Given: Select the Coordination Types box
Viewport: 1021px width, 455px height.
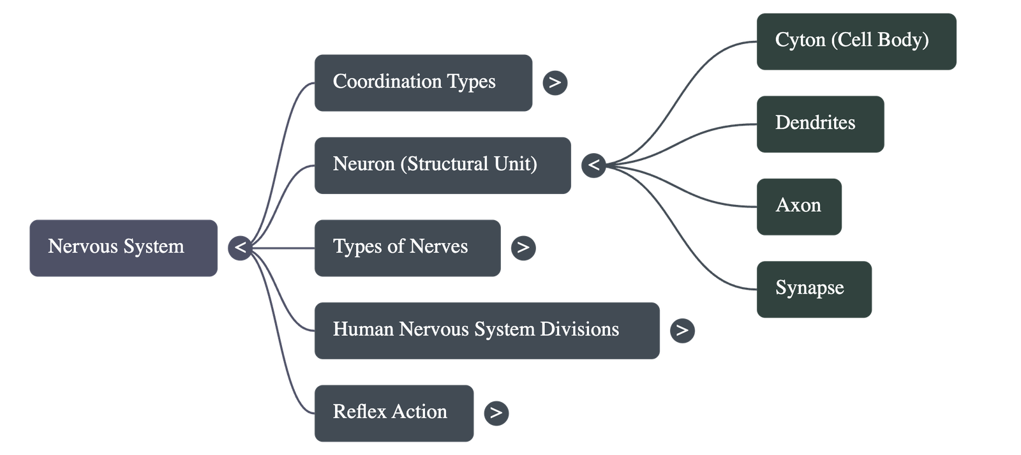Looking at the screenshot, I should tap(423, 83).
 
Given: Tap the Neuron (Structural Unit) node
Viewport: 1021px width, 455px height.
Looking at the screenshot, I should tap(442, 165).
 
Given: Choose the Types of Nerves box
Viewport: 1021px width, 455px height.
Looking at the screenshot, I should tap(407, 248).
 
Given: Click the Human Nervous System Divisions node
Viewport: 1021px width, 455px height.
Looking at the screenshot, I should tap(487, 330).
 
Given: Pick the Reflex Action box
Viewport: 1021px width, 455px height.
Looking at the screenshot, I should tap(394, 413).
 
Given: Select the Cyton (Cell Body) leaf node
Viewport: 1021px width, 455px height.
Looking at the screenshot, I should tap(856, 41).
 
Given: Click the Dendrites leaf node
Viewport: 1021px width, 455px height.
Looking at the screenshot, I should tap(820, 124).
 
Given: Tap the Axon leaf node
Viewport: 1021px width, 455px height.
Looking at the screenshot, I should tap(799, 206).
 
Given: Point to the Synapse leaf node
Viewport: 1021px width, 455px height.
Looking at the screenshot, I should tap(814, 289).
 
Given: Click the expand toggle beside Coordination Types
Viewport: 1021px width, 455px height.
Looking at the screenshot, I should tap(555, 83).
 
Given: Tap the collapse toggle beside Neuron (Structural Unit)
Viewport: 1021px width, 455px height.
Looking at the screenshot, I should tap(593, 165).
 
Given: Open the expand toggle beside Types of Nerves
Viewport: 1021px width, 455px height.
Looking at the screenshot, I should tap(523, 248).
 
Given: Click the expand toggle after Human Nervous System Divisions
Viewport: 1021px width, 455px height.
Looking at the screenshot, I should tap(682, 330).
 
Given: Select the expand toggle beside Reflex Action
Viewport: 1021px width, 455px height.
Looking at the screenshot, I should tap(496, 413).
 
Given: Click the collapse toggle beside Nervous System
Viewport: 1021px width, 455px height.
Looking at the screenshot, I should tap(240, 248).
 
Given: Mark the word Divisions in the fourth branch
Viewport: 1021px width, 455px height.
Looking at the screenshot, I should tap(579, 329).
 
